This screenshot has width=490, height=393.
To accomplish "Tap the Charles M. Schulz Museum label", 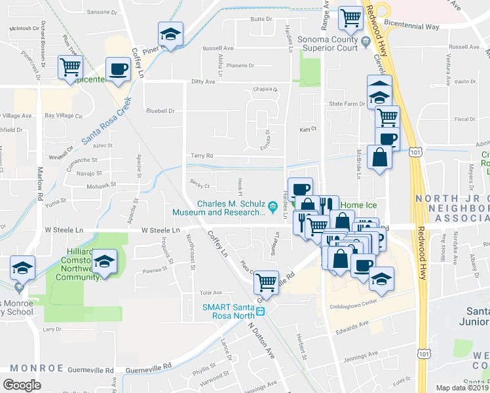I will (x=220, y=207).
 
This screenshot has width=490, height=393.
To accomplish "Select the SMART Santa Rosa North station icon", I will (x=260, y=310).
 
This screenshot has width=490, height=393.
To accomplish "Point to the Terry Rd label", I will (x=202, y=156).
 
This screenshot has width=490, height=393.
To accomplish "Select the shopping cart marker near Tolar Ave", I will (x=266, y=282).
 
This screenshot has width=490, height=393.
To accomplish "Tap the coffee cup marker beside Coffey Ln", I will (x=119, y=69).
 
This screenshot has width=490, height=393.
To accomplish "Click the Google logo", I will (x=22, y=384).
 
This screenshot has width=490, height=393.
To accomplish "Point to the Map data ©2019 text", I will (x=462, y=388).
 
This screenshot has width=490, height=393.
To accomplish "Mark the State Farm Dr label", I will (x=346, y=104).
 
